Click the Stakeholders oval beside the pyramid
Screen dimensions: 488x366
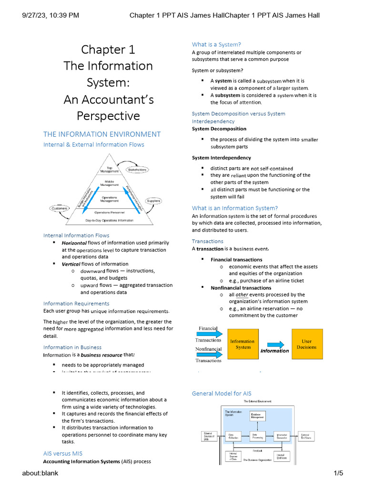click(x=137, y=170)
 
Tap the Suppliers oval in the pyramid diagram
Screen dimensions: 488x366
click(x=153, y=201)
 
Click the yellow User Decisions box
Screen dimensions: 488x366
click(x=306, y=344)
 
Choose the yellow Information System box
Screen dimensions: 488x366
click(x=242, y=344)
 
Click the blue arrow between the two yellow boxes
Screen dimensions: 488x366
click(x=274, y=344)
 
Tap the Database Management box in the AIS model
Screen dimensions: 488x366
click(x=258, y=416)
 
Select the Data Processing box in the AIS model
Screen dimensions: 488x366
click(x=258, y=437)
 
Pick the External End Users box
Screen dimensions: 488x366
click(x=305, y=437)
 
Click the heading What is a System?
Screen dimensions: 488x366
click(x=214, y=45)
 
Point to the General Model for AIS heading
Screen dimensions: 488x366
click(x=221, y=393)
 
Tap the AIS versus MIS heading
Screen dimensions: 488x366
click(x=62, y=453)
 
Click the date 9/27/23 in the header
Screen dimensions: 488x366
click(x=35, y=15)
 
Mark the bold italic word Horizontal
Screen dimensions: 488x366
click(x=74, y=243)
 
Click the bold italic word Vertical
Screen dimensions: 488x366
click(x=71, y=264)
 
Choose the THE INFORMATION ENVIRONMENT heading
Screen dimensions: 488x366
click(x=102, y=134)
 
